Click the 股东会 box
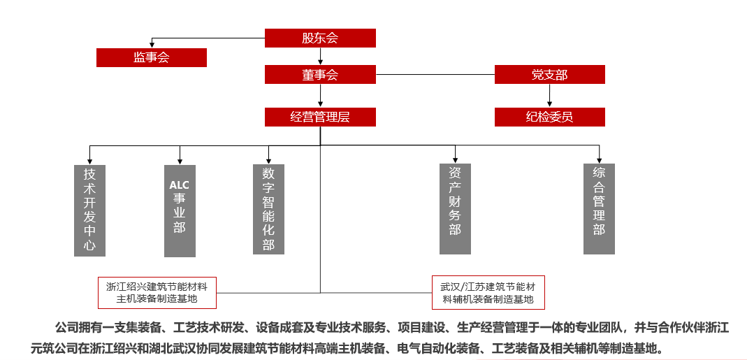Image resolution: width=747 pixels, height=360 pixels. coord(320,38)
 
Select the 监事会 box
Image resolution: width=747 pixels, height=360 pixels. coord(152,57)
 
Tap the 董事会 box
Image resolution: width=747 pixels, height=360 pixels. coord(320,75)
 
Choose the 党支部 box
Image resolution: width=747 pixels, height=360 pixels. coord(549,75)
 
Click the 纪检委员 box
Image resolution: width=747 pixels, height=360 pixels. coord(549,117)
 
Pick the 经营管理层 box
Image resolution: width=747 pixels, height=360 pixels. coord(320,117)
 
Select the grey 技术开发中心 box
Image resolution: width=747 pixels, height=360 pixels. coord(90,210)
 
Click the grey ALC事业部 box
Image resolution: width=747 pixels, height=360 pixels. coord(180,210)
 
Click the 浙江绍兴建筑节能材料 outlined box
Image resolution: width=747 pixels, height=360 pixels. coord(157,293)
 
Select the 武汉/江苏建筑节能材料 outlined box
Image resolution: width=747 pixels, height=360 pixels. coord(488,293)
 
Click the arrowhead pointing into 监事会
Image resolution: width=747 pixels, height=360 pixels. coord(152,45)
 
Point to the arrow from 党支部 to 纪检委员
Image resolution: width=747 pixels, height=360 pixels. coord(549,96)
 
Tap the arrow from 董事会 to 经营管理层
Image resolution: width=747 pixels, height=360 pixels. coord(320,96)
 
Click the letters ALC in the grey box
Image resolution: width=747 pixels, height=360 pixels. coord(180,185)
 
